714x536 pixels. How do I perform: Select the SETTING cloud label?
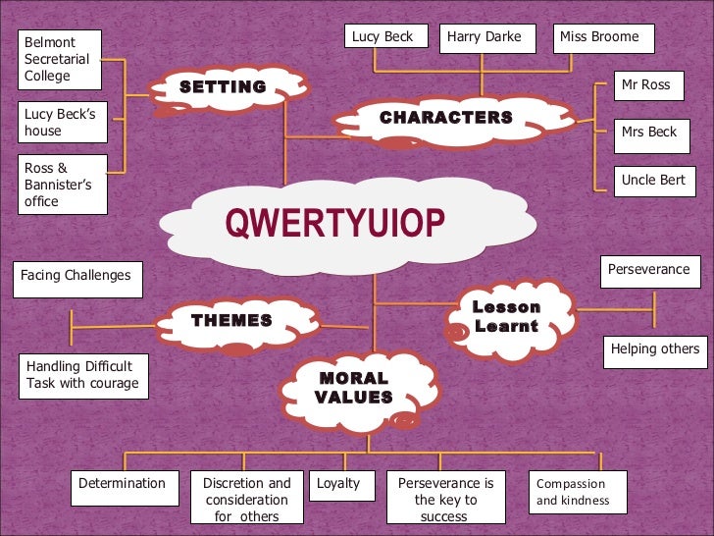tap(223, 87)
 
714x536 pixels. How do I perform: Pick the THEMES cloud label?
tap(231, 320)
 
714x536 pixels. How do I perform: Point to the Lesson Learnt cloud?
tap(506, 316)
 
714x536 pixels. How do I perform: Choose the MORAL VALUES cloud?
tap(353, 388)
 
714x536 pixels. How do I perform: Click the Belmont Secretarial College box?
tap(63, 59)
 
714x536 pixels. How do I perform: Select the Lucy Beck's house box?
tap(63, 123)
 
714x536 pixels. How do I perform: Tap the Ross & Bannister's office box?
tap(63, 185)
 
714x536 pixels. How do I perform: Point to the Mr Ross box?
tap(651, 85)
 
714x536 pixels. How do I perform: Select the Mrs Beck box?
tap(651, 133)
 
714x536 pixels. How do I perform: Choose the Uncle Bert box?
tap(651, 181)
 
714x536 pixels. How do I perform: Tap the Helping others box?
tap(654, 349)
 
